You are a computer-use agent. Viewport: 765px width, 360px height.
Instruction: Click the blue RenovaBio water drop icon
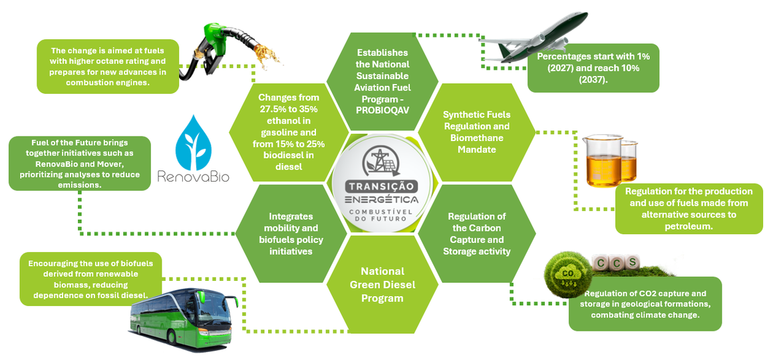coord(193,143)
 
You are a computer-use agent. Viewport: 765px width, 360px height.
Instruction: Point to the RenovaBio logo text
coord(193,176)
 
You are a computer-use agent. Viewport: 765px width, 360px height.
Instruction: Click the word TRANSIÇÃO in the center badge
coord(382,186)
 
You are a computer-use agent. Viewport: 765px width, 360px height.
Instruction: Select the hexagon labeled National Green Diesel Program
coord(382,284)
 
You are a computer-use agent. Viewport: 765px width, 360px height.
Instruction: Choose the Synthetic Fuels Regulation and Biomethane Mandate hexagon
coord(477,132)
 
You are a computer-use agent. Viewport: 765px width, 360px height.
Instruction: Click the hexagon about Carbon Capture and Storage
coord(477,234)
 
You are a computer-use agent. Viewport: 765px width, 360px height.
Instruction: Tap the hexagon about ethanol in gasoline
coord(289,132)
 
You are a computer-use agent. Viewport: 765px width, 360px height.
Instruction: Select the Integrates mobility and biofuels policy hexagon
coord(289,234)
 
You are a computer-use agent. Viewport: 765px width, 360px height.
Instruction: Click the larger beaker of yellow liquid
coord(603,162)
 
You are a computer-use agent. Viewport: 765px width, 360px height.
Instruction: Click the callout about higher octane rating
coord(108,67)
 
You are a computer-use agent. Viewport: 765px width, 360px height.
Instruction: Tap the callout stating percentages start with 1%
coord(593,68)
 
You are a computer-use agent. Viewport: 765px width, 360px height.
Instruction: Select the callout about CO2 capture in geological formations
coord(645,303)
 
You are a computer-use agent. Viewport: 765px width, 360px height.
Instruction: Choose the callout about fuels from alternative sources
coord(689,209)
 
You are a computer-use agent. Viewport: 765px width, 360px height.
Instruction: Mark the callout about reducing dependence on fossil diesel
coord(90,279)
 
